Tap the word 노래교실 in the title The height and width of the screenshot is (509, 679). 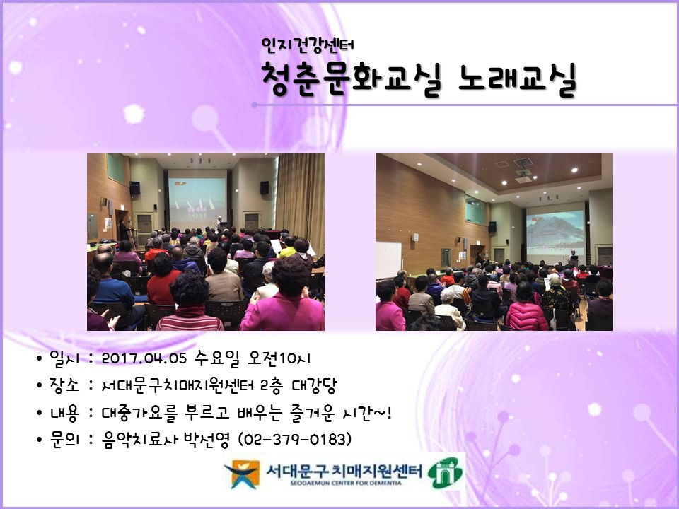(518, 78)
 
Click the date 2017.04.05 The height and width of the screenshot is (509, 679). (144, 358)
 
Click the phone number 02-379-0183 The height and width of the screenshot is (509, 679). (296, 439)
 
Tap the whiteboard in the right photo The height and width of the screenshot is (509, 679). (388, 259)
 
